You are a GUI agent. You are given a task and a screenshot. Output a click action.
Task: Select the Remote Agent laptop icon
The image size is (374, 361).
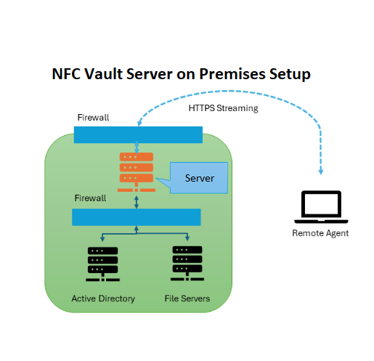point(320,207)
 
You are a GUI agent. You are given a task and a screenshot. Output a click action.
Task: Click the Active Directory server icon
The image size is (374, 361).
point(102,264)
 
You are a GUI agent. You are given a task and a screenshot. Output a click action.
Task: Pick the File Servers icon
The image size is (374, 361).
point(187,264)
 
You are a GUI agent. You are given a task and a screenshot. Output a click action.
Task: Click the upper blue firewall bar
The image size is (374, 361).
point(138,134)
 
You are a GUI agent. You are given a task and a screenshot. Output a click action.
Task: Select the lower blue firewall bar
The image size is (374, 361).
point(136,216)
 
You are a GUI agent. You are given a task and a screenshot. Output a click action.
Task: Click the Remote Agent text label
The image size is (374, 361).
point(320,233)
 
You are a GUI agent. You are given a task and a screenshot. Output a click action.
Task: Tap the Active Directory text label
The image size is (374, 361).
point(102,299)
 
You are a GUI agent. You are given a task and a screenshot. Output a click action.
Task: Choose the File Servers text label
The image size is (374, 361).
point(187,299)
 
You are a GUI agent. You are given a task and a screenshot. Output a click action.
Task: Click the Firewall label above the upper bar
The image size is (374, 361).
point(93,117)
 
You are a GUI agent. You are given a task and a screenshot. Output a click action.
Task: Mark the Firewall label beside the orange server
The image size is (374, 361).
point(91,198)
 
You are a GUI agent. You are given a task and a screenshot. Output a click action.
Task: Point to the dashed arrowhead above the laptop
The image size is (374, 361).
point(320,171)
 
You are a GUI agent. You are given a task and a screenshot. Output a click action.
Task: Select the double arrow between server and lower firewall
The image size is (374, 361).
point(137,200)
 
